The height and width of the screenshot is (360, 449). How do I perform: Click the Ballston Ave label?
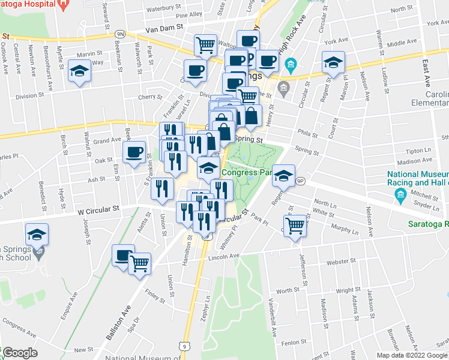tap(118, 325)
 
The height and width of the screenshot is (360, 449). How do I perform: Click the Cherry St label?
tap(150, 97)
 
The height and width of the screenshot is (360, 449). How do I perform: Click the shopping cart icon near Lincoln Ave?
tap(295, 226)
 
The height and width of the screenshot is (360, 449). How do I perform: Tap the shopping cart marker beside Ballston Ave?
tap(140, 262)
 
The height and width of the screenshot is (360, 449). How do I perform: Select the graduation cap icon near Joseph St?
tap(37, 233)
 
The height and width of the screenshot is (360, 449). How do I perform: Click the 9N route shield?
tap(120, 35)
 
